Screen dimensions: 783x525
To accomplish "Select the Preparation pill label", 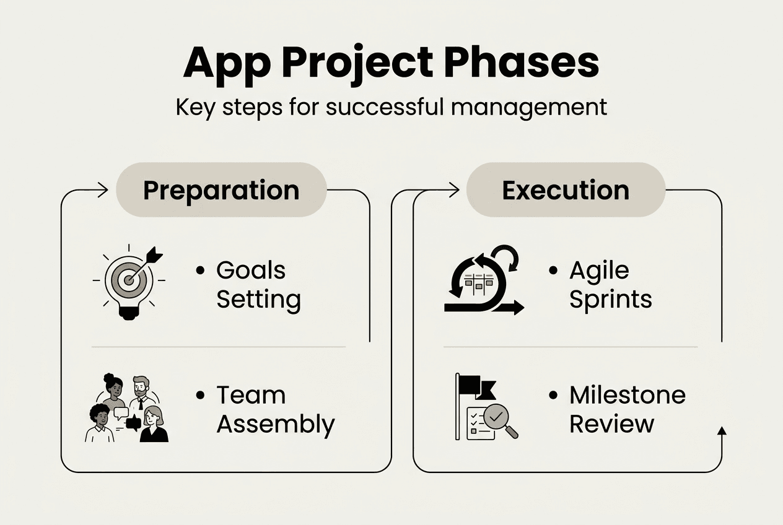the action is coord(221,190).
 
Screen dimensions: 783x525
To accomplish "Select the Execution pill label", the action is coord(566,190).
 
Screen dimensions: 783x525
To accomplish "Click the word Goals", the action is coord(250,271).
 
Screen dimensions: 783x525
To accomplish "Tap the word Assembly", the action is coord(275,425).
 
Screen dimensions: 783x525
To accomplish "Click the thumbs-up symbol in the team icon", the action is coord(133,423).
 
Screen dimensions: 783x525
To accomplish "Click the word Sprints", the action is coord(610,300).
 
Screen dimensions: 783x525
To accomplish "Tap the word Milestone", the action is coord(627,395).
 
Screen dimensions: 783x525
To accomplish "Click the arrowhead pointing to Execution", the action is coord(453,190).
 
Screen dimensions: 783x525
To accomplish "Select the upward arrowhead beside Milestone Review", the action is coord(721,432).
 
